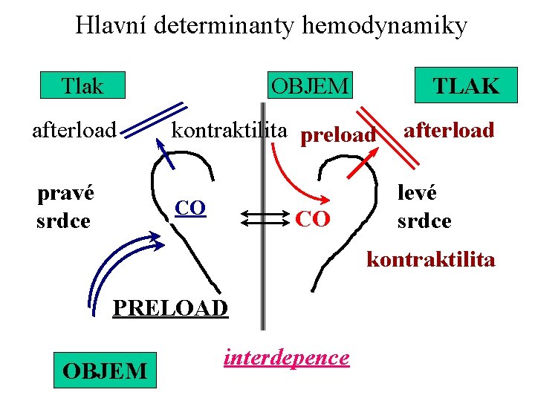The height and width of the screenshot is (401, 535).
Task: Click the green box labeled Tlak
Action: [x=82, y=86]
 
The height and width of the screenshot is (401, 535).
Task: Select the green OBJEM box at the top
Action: [x=309, y=86]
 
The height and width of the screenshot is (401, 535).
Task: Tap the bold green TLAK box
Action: [x=465, y=86]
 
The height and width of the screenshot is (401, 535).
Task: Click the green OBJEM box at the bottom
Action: [x=105, y=370]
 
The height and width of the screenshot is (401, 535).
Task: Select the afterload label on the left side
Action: [x=74, y=131]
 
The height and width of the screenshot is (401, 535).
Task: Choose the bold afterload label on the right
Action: [x=448, y=130]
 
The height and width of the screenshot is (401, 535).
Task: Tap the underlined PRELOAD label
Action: [x=170, y=307]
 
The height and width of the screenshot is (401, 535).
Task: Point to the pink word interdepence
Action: [x=286, y=357]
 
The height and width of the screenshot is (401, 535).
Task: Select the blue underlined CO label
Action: [x=189, y=208]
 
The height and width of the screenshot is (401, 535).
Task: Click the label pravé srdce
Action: [x=65, y=207]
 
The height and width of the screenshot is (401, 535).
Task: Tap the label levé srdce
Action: [x=424, y=207]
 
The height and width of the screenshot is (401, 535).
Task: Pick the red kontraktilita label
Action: [x=431, y=260]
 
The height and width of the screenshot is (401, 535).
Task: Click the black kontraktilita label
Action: [x=230, y=131]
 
